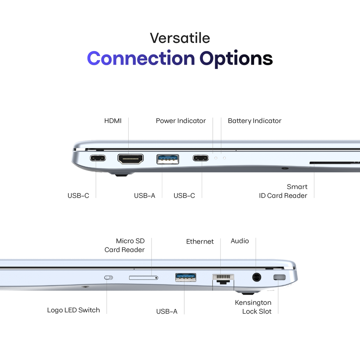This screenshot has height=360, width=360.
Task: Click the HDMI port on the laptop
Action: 130,159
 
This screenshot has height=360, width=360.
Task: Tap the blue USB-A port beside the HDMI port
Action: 168,159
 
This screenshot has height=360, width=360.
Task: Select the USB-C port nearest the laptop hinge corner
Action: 98,158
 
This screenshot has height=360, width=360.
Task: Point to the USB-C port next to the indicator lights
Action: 201,158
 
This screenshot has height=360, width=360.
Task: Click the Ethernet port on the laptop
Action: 223,279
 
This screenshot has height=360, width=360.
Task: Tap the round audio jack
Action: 256,277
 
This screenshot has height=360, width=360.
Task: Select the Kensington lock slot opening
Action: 279,277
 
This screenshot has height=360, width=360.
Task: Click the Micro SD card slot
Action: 143,278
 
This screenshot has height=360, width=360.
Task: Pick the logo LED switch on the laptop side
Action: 109,278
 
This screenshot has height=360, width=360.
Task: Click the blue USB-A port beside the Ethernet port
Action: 186,277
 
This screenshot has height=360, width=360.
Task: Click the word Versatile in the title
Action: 180,38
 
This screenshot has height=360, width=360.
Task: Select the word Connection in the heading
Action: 141,58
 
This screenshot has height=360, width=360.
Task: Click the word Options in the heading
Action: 236,59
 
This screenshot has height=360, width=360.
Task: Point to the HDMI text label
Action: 113,121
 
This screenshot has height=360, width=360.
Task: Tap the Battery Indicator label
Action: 255,121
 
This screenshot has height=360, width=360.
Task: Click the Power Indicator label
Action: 181,121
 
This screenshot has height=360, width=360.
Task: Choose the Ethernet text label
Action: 200,242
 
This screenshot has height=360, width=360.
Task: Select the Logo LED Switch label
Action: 73,310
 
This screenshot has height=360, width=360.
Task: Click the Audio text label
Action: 240,241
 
